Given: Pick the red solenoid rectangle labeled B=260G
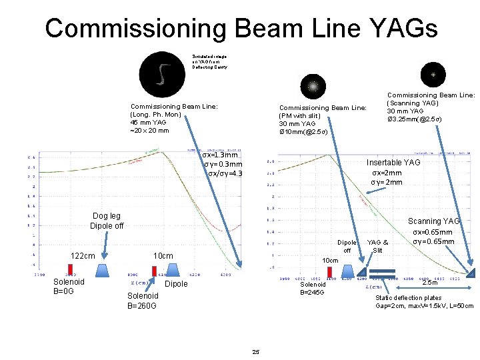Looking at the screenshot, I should tap(154, 271).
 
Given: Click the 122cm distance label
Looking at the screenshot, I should tap(83, 256).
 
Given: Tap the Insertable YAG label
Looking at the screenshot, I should tap(393, 163).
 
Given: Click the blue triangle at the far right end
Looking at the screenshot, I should tap(472, 271).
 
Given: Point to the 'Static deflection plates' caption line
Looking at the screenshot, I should tap(409, 297).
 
